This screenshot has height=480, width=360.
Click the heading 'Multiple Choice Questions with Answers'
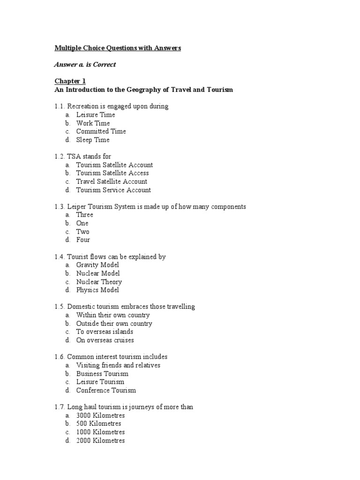pos(118,48)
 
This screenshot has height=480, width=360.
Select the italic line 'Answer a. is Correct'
pos(85,64)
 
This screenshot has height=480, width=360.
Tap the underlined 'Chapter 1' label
pos(70,81)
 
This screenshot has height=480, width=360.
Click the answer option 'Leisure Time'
pos(96,114)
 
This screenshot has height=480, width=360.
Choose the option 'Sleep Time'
pos(93,140)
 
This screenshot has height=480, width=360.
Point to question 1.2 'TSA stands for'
pos(83,156)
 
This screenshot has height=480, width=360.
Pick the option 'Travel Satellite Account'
pos(112,181)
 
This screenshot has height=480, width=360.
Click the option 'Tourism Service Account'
pos(113,190)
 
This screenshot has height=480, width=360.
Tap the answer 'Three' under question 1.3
pos(85,215)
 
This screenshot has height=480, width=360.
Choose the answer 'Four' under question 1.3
pos(83,240)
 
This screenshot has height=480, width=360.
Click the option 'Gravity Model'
pos(97,265)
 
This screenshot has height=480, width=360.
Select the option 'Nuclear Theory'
pos(99,282)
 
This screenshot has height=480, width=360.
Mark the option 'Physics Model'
pos(97,290)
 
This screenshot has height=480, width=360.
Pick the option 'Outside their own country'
pos(114,323)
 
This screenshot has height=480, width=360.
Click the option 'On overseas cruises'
pos(105,340)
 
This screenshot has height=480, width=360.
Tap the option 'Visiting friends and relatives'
pos(118,365)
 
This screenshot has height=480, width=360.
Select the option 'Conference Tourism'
pos(106,390)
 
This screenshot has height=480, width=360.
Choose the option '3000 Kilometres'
pos(100,415)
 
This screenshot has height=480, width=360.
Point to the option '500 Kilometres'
pos(98,424)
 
